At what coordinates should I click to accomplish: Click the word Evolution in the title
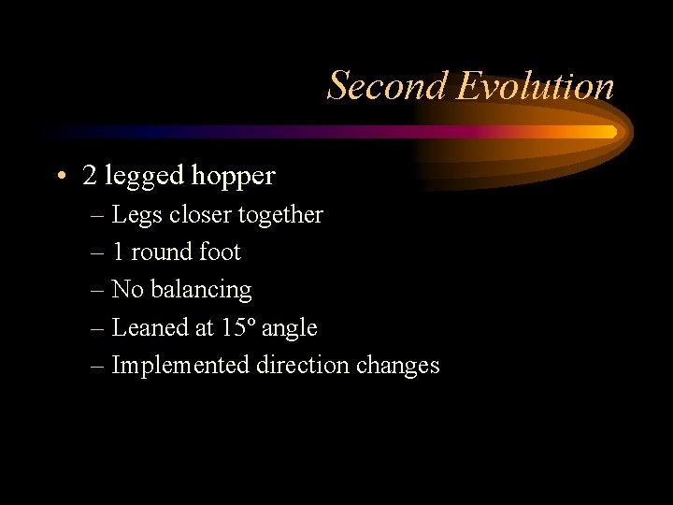[536, 86]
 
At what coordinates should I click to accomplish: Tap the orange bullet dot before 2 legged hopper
[60, 175]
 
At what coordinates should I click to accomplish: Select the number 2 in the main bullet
[89, 175]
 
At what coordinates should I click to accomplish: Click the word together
[279, 215]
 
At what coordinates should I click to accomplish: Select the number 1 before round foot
[118, 252]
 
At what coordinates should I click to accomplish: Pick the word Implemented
[180, 366]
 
